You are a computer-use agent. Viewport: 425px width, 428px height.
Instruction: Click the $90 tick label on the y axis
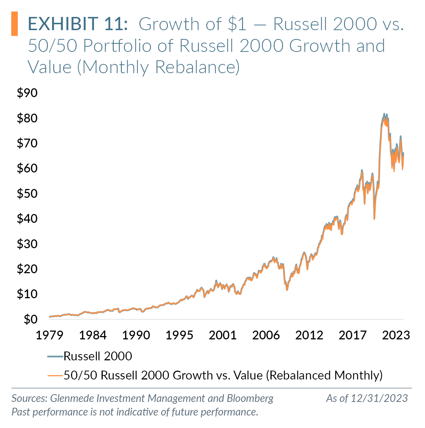27,93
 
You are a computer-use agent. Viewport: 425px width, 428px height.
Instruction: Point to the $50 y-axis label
27,193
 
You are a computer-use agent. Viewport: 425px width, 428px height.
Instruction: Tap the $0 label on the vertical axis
31,319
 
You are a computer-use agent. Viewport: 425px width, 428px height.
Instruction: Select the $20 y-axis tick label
27,269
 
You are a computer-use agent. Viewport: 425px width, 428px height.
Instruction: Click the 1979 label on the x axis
49,335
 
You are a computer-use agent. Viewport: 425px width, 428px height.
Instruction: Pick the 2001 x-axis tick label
223,335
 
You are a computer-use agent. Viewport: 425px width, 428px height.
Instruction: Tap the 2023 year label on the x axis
396,335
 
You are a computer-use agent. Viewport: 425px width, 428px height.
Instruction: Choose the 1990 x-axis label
136,335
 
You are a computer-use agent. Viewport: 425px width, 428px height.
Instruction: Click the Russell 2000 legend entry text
98,356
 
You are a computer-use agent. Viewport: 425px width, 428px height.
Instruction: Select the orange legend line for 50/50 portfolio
55,375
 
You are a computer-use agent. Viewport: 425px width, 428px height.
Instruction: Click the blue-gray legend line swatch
55,356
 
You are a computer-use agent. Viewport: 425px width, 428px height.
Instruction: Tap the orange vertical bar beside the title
14,24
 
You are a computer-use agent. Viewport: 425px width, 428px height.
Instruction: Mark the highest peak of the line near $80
384,114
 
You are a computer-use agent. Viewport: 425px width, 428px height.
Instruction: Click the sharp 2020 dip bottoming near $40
374,218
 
